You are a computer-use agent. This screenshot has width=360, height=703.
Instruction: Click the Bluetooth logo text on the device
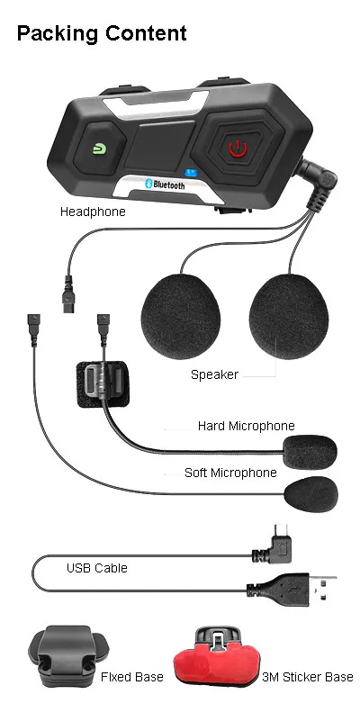[165, 184]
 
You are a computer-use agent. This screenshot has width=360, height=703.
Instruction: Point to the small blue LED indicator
[192, 172]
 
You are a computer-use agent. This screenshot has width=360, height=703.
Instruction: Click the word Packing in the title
[57, 33]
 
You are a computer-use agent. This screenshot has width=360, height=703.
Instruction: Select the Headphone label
[93, 212]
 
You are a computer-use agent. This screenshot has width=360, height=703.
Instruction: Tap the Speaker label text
[214, 374]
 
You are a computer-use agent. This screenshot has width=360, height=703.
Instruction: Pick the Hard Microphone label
[246, 426]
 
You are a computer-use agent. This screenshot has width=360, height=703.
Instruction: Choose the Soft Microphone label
[230, 473]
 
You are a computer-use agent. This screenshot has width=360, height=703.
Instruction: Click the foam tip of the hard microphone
[310, 452]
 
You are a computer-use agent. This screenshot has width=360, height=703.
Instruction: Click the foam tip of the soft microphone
[311, 494]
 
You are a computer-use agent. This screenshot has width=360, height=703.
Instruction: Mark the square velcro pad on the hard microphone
[103, 384]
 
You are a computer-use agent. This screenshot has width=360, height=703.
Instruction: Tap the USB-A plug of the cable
[292, 589]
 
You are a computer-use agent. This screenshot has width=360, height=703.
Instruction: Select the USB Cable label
[97, 568]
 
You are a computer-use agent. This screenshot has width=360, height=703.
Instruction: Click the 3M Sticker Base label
[308, 677]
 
